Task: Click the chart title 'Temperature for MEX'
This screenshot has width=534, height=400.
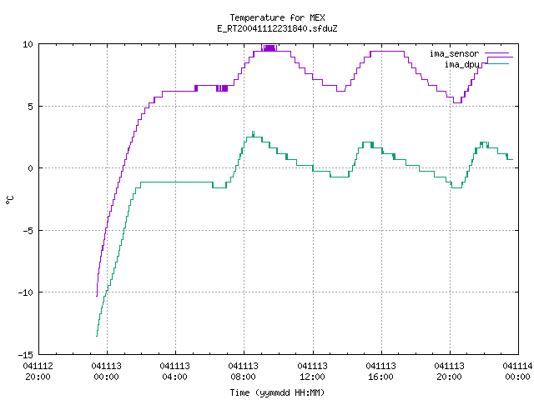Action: pyautogui.click(x=277, y=17)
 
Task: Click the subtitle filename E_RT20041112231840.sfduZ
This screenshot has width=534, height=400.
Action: pyautogui.click(x=277, y=28)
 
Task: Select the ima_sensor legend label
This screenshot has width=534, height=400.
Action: pyautogui.click(x=454, y=53)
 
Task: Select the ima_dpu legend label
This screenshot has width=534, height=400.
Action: pyautogui.click(x=461, y=64)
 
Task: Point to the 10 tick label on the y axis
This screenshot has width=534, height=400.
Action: pyautogui.click(x=28, y=44)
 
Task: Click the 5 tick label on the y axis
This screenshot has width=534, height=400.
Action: pyautogui.click(x=30, y=107)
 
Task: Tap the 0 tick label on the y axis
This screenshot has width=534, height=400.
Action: pyautogui.click(x=30, y=168)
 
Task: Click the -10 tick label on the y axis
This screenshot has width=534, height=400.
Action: pyautogui.click(x=26, y=292)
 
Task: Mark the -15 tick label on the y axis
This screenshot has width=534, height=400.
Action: pyautogui.click(x=26, y=355)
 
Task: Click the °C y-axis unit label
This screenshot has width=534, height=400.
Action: pyautogui.click(x=9, y=200)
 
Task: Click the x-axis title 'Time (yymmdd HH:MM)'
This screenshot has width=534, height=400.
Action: pyautogui.click(x=277, y=393)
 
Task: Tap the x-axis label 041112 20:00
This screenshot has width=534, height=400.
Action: pyautogui.click(x=38, y=372)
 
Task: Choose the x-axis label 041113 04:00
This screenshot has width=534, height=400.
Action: pyautogui.click(x=174, y=372)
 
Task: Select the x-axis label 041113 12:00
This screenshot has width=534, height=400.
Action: pyautogui.click(x=312, y=372)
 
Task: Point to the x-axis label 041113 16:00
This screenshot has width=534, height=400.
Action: pyautogui.click(x=380, y=372)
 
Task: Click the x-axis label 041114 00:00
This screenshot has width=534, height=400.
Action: pyautogui.click(x=517, y=372)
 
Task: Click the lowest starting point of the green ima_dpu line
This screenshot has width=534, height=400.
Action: pyautogui.click(x=97, y=336)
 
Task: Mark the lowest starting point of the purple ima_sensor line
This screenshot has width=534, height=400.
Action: pyautogui.click(x=97, y=296)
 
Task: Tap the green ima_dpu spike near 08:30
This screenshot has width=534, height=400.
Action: pyautogui.click(x=253, y=133)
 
